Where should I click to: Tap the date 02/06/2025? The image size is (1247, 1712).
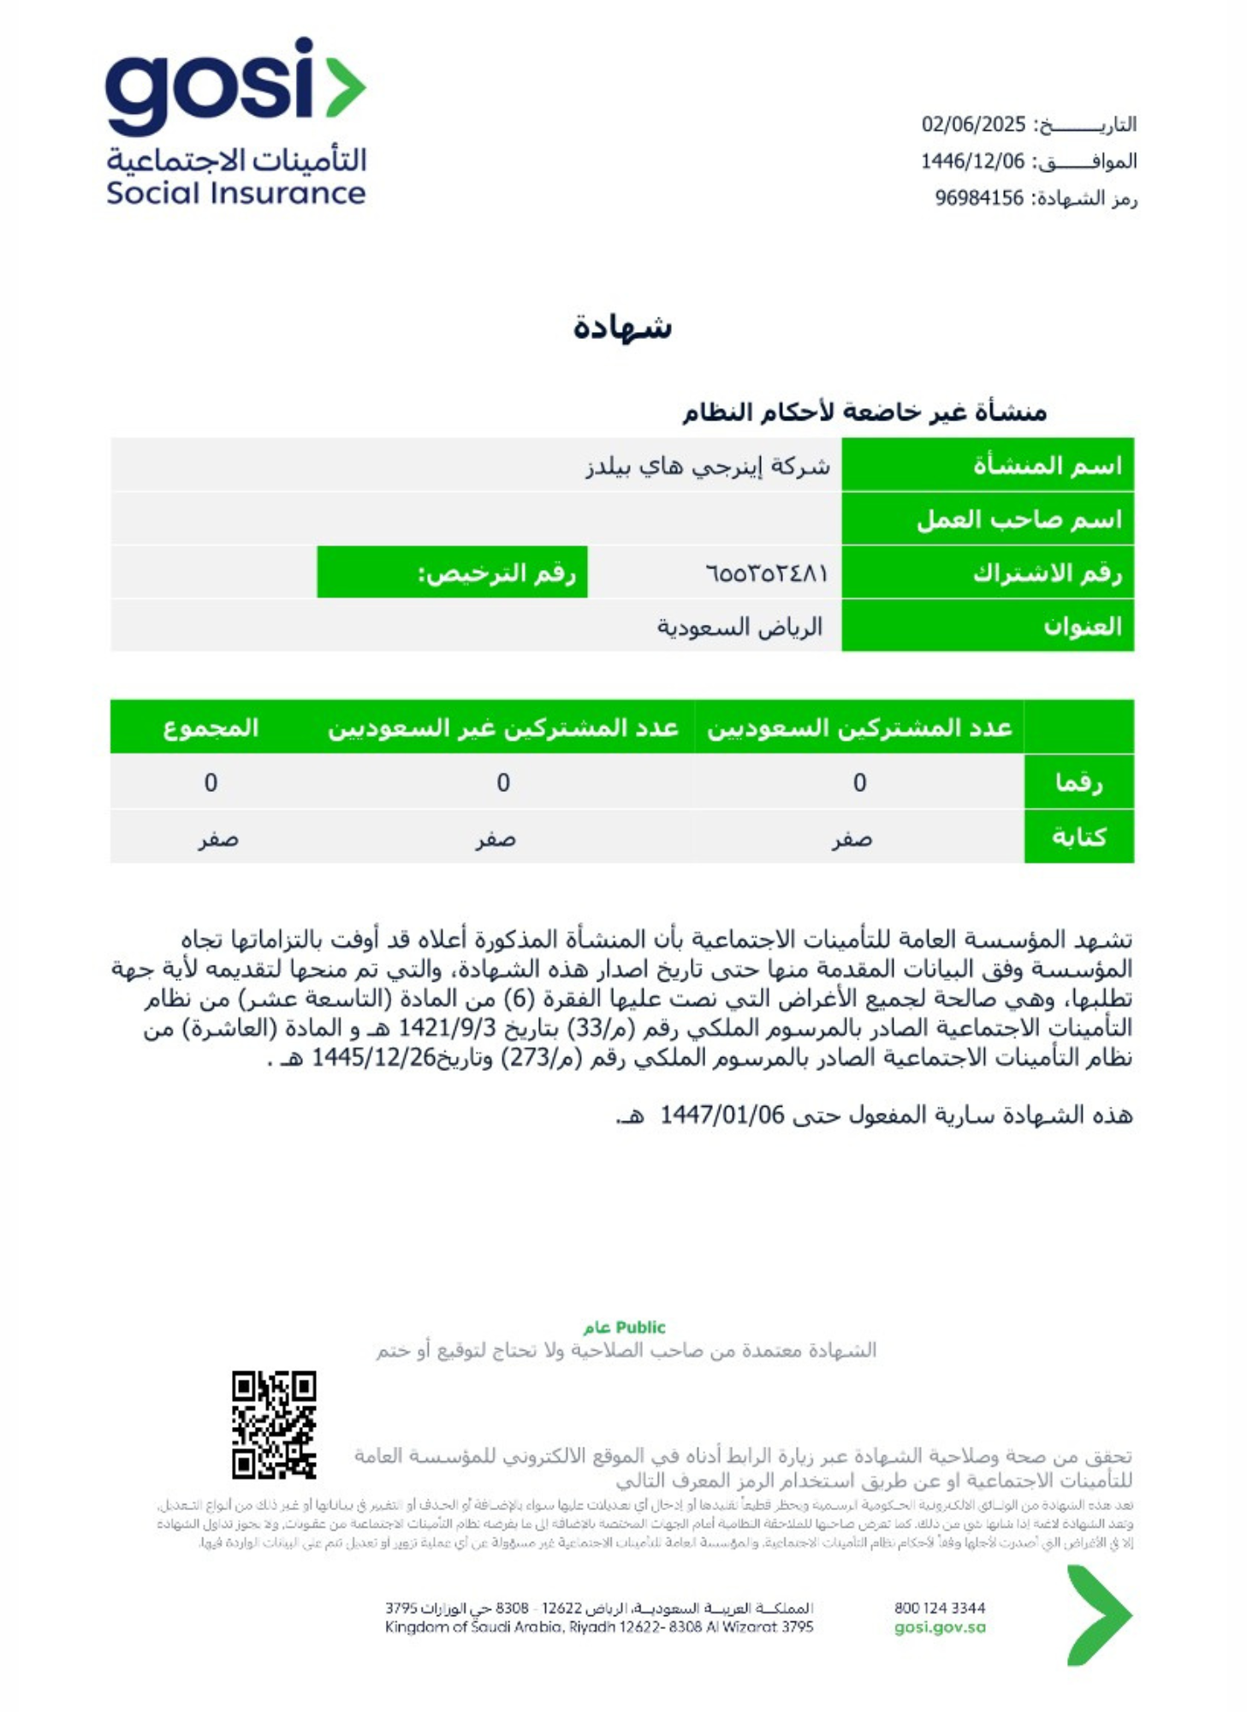pos(972,125)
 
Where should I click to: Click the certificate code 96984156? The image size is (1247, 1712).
pos(978,199)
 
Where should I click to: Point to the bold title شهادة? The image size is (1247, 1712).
pos(622,328)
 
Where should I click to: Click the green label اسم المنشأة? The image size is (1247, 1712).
pos(1046,466)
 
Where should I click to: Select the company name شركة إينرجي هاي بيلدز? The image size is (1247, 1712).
pos(707,467)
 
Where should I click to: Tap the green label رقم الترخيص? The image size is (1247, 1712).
pos(496,573)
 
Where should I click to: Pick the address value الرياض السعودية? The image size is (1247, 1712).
pos(739,627)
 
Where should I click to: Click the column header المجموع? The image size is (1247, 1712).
pos(211,728)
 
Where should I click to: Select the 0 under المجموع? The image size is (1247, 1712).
pos(211,782)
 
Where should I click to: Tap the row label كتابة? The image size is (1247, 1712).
pos(1078,836)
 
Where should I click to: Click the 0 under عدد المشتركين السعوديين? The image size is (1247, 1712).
pos(859,782)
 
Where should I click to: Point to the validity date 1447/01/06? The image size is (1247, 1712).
pos(721,1115)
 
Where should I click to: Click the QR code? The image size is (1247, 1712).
pos(274,1425)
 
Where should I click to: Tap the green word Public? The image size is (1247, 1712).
pos(640,1327)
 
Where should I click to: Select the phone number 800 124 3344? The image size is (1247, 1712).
pos(939,1608)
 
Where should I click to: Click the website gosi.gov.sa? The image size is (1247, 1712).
pos(939,1627)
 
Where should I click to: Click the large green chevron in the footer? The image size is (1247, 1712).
pos(1098,1615)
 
